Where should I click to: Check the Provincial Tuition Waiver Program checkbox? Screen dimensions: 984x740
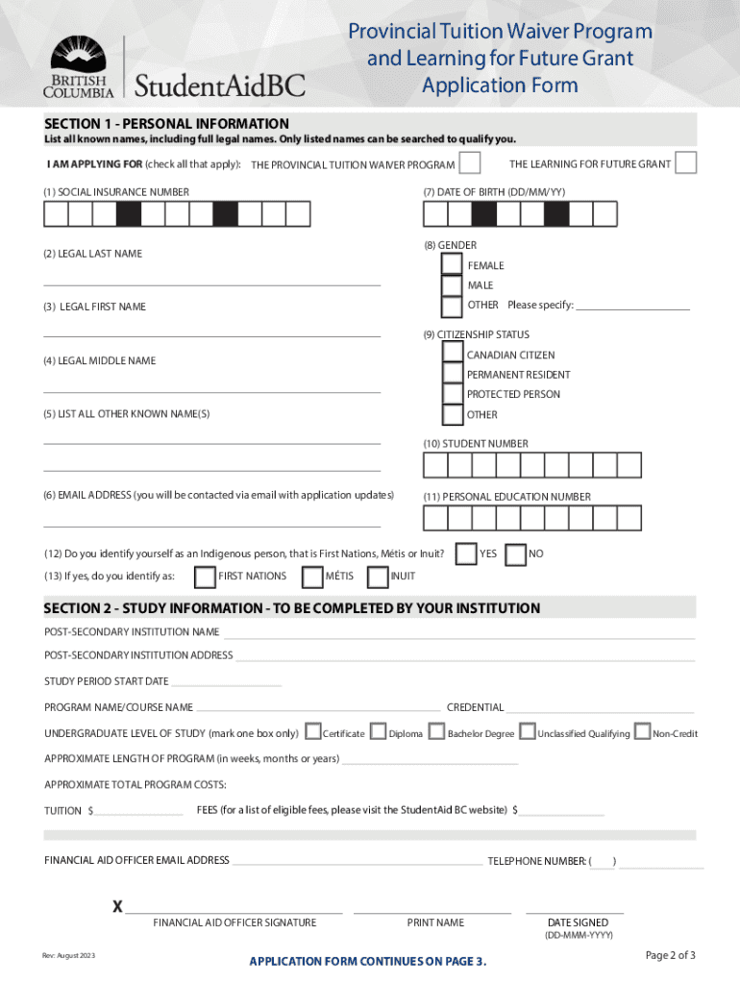tap(470, 163)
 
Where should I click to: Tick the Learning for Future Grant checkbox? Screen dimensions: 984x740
tap(685, 163)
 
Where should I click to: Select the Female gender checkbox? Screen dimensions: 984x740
tap(452, 264)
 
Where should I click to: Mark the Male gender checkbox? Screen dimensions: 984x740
tap(452, 285)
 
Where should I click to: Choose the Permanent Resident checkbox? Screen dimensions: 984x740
tap(452, 374)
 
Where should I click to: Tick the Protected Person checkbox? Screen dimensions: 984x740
tap(452, 394)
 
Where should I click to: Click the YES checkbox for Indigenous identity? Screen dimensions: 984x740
tap(465, 554)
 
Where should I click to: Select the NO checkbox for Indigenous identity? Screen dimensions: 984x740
tap(515, 554)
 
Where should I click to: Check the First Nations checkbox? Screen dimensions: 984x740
tap(205, 577)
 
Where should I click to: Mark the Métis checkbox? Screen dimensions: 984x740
tap(311, 577)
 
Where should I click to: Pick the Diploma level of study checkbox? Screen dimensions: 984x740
tap(378, 732)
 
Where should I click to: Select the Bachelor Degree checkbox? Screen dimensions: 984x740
tap(436, 732)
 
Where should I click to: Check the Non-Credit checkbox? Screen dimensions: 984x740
tap(643, 732)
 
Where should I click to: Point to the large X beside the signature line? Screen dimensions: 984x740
tap(117, 906)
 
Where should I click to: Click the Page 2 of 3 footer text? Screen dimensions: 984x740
tap(670, 954)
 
